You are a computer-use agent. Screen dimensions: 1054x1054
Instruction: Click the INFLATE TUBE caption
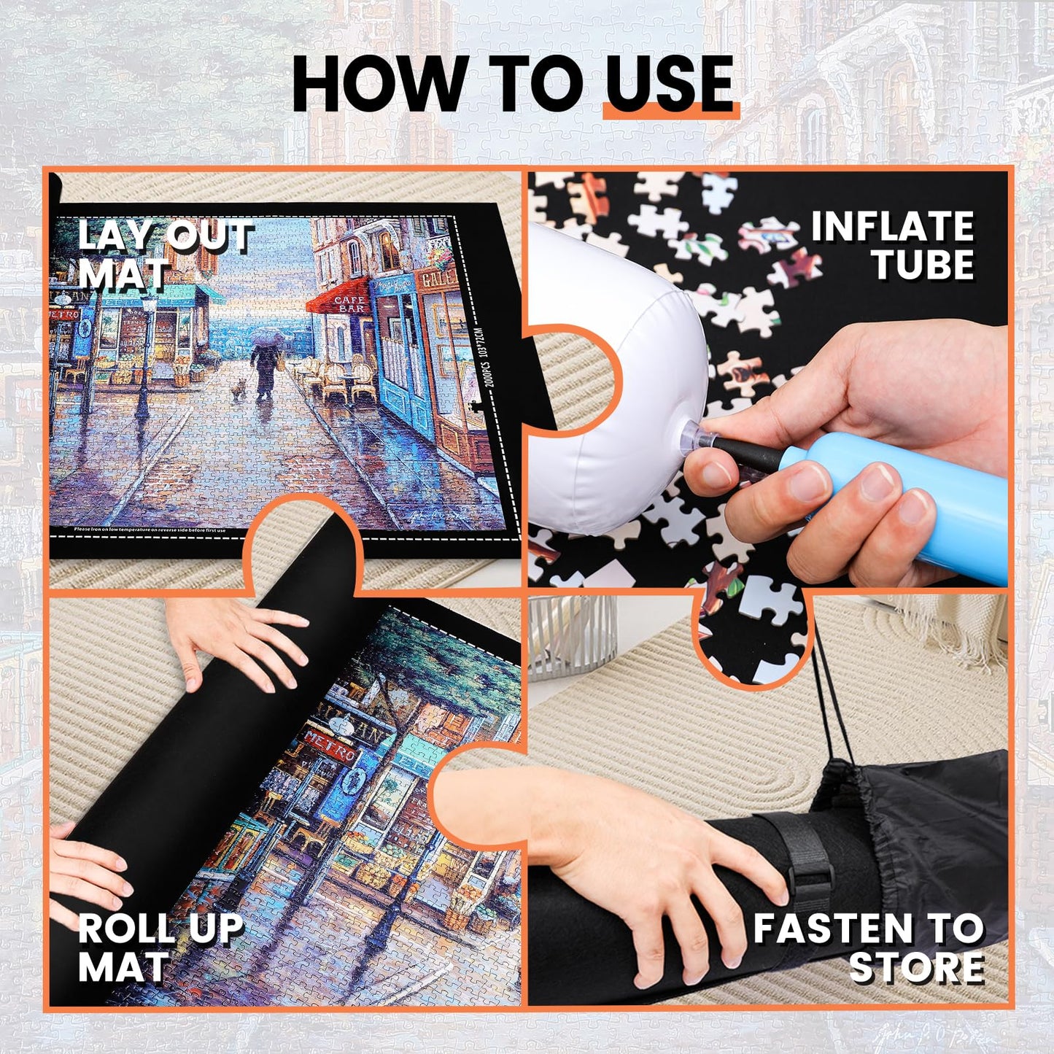point(893,245)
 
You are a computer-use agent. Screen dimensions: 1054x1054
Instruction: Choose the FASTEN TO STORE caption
point(869,948)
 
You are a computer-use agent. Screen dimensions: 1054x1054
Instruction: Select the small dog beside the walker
point(238,390)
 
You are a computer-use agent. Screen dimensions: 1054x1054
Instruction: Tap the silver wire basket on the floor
point(573,635)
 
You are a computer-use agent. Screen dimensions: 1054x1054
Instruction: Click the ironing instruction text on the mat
point(150,530)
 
